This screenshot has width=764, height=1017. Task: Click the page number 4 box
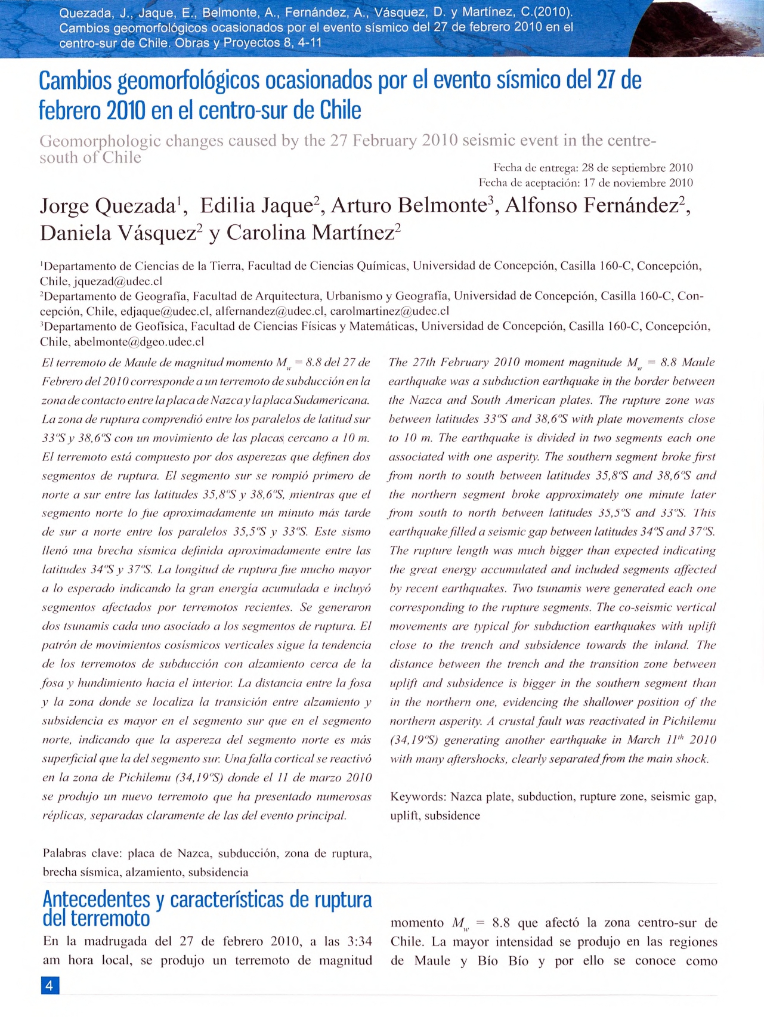[50, 985]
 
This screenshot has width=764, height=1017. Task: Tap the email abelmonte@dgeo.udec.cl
[139, 342]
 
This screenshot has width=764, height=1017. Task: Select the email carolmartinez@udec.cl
[389, 311]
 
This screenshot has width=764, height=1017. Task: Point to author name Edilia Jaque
[256, 206]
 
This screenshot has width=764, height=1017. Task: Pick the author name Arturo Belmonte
[409, 206]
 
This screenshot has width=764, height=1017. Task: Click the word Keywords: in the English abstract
[418, 797]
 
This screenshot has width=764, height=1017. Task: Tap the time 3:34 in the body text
[358, 941]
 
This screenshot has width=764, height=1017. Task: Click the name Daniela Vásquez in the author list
[118, 233]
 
